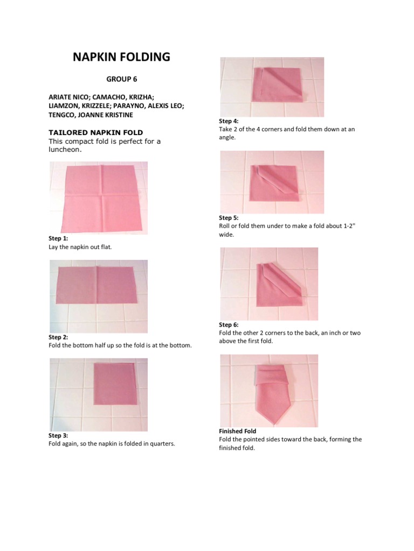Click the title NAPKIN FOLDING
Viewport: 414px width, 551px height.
click(x=121, y=57)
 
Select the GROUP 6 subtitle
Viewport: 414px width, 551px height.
click(x=121, y=79)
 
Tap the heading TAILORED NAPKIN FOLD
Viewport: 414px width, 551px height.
click(x=95, y=132)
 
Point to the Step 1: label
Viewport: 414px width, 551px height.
click(x=58, y=238)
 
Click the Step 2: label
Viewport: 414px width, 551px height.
click(x=58, y=337)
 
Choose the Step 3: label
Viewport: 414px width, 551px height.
click(x=58, y=435)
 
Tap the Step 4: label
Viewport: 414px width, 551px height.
click(x=229, y=121)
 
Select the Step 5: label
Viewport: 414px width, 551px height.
click(x=229, y=218)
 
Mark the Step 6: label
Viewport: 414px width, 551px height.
click(x=229, y=324)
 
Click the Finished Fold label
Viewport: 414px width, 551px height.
click(x=237, y=431)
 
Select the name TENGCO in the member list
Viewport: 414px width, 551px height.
click(x=63, y=115)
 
